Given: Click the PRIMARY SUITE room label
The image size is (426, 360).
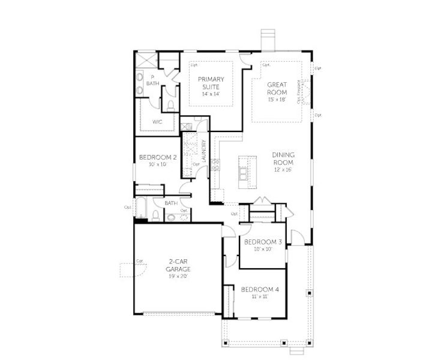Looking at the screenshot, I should coord(211,83).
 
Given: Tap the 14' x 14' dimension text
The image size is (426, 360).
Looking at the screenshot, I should coord(211,94).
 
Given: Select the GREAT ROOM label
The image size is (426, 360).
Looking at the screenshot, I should coord(278,89).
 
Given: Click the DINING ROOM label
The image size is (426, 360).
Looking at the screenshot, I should coord(283,158).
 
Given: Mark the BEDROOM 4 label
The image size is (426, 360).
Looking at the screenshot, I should coord(260,290).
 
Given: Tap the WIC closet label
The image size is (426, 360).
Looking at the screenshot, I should coord(157,122).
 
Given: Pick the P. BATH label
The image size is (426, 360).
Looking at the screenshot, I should coord(152,80).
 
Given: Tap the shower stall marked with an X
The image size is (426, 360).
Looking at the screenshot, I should coord(145,61).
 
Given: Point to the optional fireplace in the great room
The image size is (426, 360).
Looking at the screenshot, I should coord(306,93).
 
